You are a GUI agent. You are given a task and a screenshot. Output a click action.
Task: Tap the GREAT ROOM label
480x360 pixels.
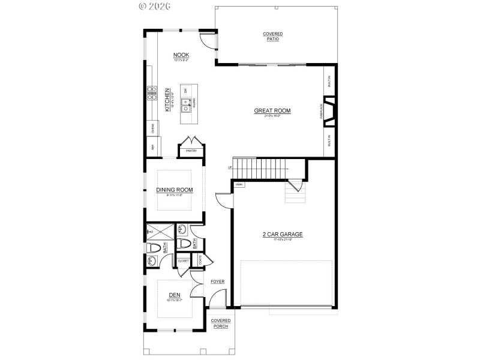272,110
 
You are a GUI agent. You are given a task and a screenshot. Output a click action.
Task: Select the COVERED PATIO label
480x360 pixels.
273,37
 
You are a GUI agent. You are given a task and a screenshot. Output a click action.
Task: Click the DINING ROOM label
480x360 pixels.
175,190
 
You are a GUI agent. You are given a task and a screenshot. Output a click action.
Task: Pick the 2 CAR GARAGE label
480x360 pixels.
282,234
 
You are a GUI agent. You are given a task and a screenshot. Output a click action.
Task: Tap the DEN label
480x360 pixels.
175,295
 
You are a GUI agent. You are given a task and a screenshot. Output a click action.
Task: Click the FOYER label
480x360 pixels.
217,281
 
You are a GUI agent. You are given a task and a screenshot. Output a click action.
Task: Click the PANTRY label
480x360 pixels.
191,151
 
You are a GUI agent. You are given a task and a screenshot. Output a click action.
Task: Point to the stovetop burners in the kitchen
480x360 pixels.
151,93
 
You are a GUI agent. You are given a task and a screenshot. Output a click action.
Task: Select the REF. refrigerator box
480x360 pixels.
152,146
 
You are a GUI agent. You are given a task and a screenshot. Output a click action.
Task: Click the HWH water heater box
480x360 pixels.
239,184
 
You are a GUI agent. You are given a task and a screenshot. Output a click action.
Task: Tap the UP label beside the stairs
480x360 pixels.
229,167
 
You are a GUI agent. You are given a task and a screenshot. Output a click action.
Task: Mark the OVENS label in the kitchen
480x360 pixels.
152,127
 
